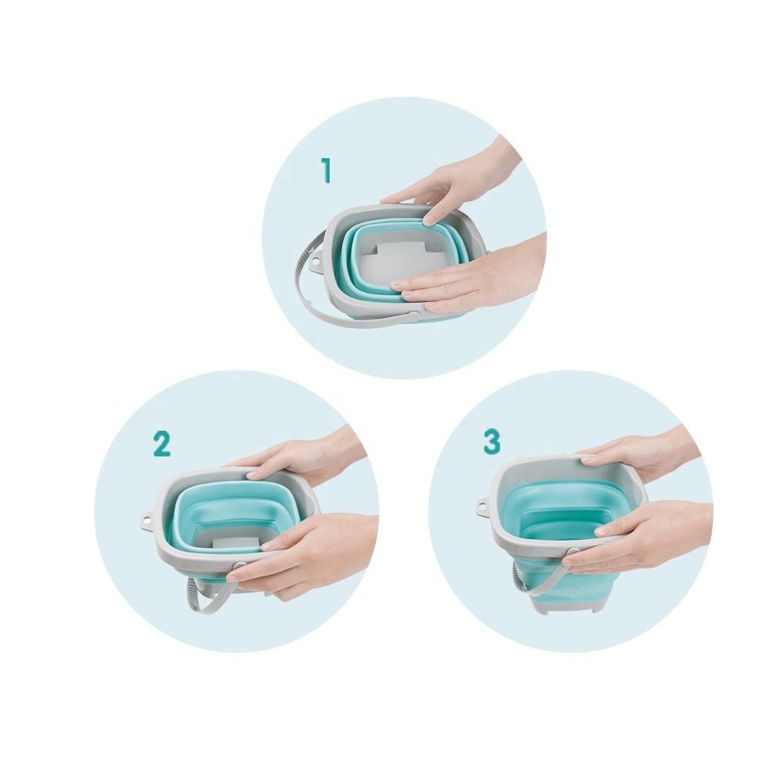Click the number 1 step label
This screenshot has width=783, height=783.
click(326, 170)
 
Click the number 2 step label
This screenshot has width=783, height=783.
click(162, 444)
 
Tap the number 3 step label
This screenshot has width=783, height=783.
click(492, 442)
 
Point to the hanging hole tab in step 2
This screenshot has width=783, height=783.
click(146, 518)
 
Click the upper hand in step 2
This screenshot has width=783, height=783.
click(300, 454)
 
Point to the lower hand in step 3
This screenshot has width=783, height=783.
click(644, 537)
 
